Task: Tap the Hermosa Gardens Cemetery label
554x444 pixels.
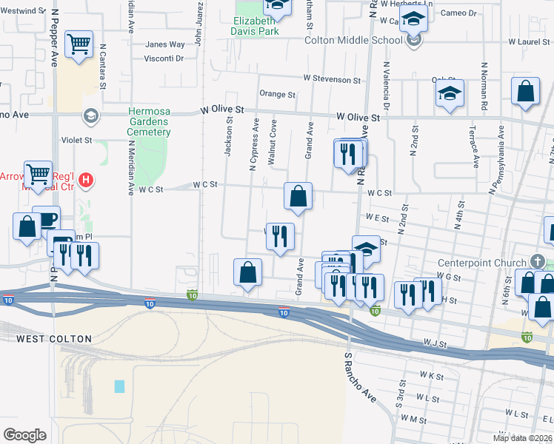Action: pos(149,121)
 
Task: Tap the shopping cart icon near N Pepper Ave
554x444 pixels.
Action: pos(79,44)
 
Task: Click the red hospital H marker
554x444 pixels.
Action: pos(86,179)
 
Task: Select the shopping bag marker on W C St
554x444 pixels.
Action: pos(298,197)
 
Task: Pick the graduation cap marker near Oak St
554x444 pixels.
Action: pos(450,94)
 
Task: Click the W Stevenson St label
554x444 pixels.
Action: pos(331,79)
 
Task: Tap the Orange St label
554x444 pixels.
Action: pos(277,95)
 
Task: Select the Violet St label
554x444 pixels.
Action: pos(77,139)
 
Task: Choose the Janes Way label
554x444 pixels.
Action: pos(164,44)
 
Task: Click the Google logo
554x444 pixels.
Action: pos(24,435)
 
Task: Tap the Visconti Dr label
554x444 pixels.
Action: pos(163,58)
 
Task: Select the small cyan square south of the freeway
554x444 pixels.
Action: pos(119,386)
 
